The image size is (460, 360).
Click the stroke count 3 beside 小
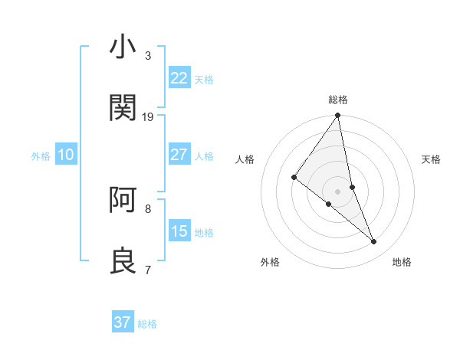pyautogui.click(x=148, y=56)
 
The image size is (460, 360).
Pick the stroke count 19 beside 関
pyautogui.click(x=148, y=116)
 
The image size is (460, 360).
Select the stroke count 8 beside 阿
pyautogui.click(x=148, y=208)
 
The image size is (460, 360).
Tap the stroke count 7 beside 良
pyautogui.click(x=148, y=270)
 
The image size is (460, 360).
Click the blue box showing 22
pyautogui.click(x=179, y=77)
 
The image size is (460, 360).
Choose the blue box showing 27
pyautogui.click(x=179, y=154)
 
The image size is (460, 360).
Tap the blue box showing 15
pyautogui.click(x=179, y=231)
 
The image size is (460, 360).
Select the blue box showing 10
pyautogui.click(x=66, y=155)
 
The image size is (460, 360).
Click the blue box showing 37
pyautogui.click(x=122, y=322)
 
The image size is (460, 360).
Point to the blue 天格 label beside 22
pyautogui.click(x=204, y=79)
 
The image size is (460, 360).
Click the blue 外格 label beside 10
pyautogui.click(x=41, y=156)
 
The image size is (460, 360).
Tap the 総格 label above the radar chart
pyautogui.click(x=338, y=100)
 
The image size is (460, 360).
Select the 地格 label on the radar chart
pyautogui.click(x=402, y=262)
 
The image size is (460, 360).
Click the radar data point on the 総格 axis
pyautogui.click(x=337, y=116)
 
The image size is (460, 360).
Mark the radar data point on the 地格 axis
pyautogui.click(x=374, y=242)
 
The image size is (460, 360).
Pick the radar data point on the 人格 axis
pyautogui.click(x=294, y=178)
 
